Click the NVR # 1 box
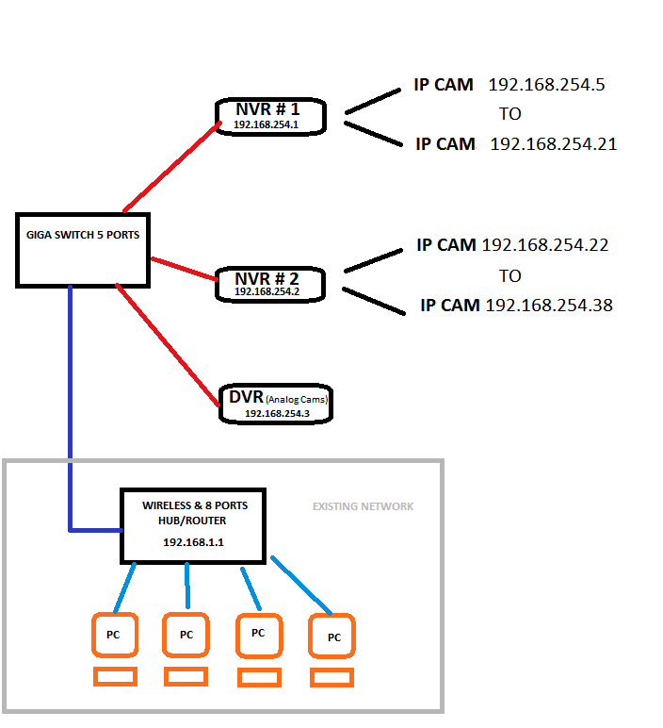pos(271,115)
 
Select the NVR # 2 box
pos(269,284)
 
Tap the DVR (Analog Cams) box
pos(276,404)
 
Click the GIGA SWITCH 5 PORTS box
pos(83,249)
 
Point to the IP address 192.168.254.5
pos(546,85)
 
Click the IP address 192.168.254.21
pos(553,144)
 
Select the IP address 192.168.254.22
pos(545,245)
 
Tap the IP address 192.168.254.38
pos(549,306)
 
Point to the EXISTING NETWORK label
pos(363,506)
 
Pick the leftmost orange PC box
pos(113,635)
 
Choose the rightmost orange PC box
pos(332,637)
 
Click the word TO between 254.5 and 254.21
pos(510,114)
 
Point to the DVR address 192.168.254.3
pos(277,413)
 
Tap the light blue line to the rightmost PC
pos(301,585)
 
